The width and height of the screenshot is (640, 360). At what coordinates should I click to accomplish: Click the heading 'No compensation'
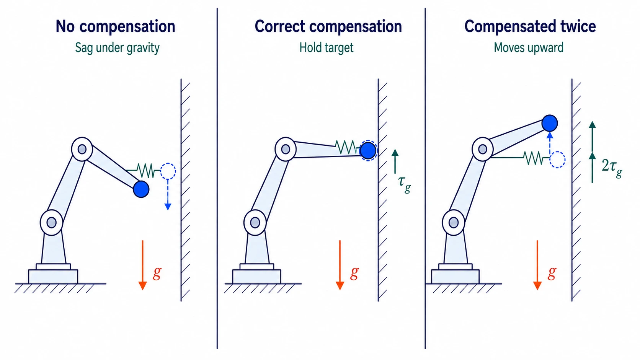[x=115, y=26]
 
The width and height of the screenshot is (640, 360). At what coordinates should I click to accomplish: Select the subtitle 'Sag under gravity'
[x=117, y=47]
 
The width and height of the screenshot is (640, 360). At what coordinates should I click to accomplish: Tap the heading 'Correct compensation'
[x=328, y=26]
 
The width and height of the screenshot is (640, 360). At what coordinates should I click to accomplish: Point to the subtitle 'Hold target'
[x=326, y=47]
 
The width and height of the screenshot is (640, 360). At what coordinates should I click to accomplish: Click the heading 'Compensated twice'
[x=530, y=26]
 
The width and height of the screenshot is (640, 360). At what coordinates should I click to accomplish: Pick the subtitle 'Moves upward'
[x=529, y=47]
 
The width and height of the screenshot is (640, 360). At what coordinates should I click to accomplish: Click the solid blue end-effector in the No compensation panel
[x=141, y=189]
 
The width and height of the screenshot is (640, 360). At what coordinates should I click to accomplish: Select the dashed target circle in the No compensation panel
[x=168, y=171]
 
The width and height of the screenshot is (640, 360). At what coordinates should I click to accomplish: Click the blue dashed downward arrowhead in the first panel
[x=168, y=207]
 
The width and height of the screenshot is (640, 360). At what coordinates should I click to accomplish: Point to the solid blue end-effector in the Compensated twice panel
[x=550, y=123]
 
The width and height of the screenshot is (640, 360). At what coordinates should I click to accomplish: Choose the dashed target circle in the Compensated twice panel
[x=557, y=160]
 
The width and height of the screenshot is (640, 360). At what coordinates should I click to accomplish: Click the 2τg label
[x=612, y=168]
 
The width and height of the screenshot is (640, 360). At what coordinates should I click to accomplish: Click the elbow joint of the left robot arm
[x=82, y=149]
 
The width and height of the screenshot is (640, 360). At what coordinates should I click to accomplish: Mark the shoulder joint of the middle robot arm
[x=255, y=223]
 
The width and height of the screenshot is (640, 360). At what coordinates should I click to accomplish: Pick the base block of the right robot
[x=455, y=276]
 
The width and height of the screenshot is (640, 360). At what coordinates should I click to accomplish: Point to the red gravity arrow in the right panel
[x=537, y=265]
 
